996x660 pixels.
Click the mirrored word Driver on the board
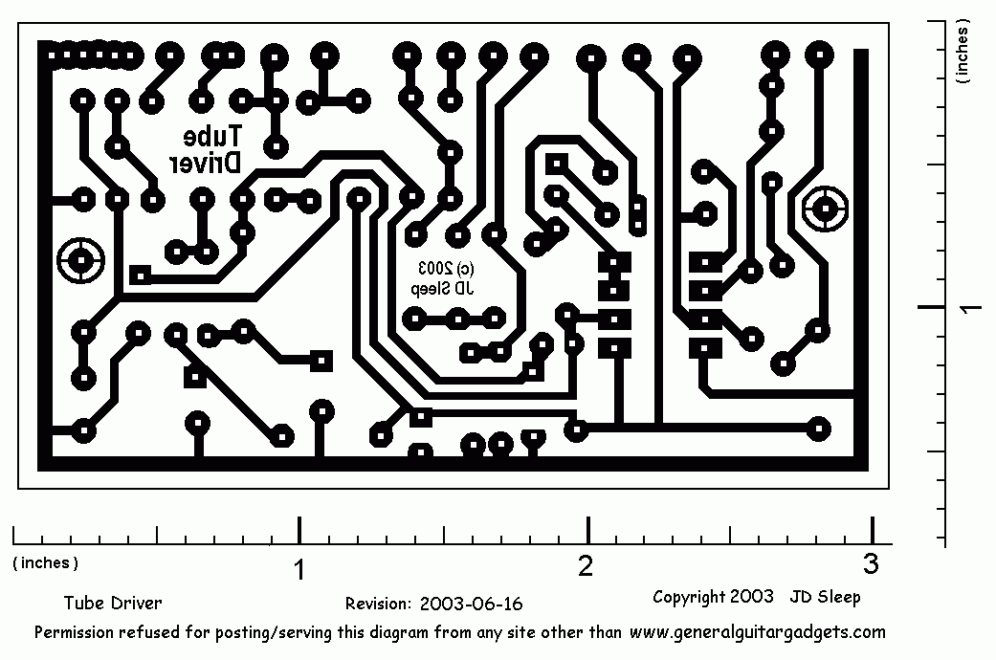207,164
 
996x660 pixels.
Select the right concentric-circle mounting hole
825,209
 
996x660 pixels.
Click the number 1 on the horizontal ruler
300,570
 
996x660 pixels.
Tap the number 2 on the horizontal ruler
586,566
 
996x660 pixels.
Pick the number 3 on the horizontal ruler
870,563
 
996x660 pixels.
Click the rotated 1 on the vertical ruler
968,307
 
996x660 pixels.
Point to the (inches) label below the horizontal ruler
46,562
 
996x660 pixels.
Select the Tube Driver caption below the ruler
113,604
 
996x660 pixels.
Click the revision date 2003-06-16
471,604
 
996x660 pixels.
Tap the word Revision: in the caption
379,604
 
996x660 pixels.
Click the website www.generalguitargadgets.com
758,632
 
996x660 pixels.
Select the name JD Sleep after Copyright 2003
825,597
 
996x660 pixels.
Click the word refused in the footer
153,632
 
